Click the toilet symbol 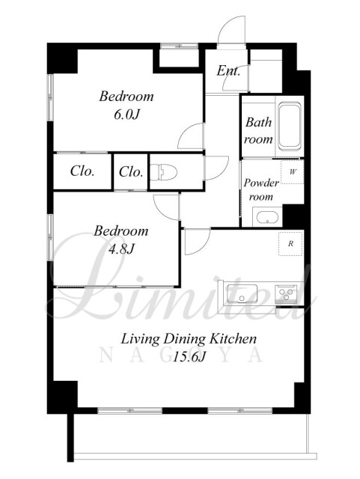[x=163, y=171]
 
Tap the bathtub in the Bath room [x=290, y=126]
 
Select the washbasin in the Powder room [x=267, y=218]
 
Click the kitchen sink [x=242, y=294]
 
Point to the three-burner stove [x=286, y=294]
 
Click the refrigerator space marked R [x=290, y=244]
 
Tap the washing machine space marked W [x=293, y=171]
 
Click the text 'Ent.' [x=228, y=71]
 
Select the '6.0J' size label [x=126, y=115]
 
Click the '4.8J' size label [x=121, y=249]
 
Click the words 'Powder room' [x=261, y=189]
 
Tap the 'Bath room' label [x=258, y=131]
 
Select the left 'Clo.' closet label [x=82, y=171]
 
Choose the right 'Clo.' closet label [x=131, y=171]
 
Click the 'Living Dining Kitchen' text [x=189, y=339]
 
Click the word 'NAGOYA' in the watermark [x=181, y=356]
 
